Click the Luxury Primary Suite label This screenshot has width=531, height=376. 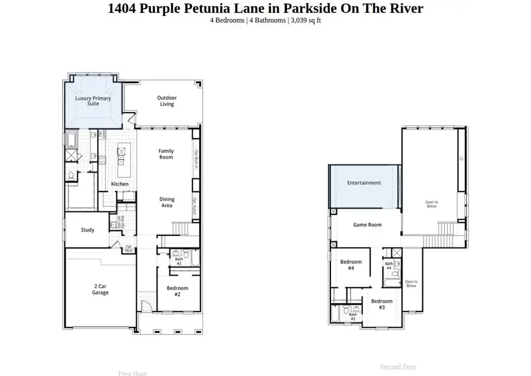93,101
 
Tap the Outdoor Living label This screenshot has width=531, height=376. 167,101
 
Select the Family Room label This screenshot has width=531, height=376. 166,154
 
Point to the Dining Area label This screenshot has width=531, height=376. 167,202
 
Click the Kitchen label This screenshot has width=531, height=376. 120,184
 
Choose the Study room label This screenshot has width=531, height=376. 87,230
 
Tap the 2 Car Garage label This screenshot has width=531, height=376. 100,289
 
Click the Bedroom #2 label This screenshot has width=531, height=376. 177,291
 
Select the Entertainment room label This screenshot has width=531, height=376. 364,183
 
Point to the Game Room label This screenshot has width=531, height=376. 367,225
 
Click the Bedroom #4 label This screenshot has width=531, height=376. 350,265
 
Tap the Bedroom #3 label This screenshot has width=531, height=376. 381,304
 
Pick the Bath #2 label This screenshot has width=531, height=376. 178,260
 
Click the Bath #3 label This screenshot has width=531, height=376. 353,316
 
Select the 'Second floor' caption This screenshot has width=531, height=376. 398,367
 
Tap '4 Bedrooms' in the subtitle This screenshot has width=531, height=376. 227,20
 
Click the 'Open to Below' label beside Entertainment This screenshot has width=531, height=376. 431,205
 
